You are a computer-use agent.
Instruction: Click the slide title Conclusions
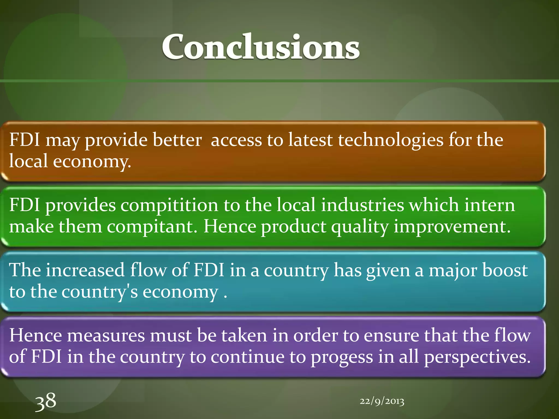click(x=261, y=47)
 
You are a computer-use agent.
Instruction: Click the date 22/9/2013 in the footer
click(x=382, y=401)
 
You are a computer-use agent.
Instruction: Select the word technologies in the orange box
click(x=391, y=140)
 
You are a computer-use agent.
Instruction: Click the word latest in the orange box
click(x=310, y=140)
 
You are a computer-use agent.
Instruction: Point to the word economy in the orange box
click(x=92, y=161)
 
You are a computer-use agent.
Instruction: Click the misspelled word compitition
click(x=169, y=205)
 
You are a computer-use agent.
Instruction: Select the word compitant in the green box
click(x=151, y=227)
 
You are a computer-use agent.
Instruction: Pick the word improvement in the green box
click(x=452, y=227)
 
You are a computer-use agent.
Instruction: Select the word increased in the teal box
click(x=85, y=270)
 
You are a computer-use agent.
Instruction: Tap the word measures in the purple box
click(x=106, y=335)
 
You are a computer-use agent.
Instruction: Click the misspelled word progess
click(x=342, y=358)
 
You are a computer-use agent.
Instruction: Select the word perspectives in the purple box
click(x=477, y=358)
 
